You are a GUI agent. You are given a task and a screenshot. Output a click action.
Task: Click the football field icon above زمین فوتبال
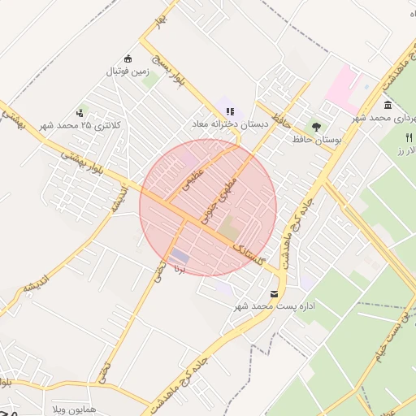(x=128, y=58)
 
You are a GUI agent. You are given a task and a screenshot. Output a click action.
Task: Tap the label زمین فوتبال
(x=128, y=71)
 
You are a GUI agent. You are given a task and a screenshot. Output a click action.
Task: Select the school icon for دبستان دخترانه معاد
(x=230, y=111)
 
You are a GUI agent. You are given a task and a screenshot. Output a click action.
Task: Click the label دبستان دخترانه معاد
(x=230, y=124)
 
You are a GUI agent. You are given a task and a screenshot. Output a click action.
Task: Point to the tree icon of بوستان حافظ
(x=316, y=127)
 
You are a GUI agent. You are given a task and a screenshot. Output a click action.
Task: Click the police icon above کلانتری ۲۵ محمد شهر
(x=80, y=113)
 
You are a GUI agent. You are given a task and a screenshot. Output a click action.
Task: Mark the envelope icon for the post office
(x=273, y=293)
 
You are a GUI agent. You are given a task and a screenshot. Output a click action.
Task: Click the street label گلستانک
(x=249, y=255)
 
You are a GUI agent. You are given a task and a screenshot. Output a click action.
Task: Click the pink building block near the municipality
(x=344, y=87)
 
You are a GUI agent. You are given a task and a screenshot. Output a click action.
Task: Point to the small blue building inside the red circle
(x=180, y=255)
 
